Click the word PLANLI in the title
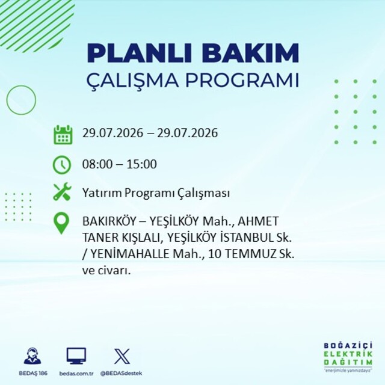coord(139,54)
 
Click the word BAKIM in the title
coord(250,54)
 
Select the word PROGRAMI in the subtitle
coord(242,80)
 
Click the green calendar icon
coord(63,135)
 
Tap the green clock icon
coord(62,165)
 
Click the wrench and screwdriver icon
coord(62,191)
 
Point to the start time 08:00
coord(97,164)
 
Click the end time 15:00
coord(142,164)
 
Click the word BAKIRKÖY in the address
coord(109,221)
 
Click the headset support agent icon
coord(32,356)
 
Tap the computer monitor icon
coord(76,356)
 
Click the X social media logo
coord(122,356)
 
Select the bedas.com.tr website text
coord(76,374)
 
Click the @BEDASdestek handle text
coord(121,373)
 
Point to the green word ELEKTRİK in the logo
coord(348,354)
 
